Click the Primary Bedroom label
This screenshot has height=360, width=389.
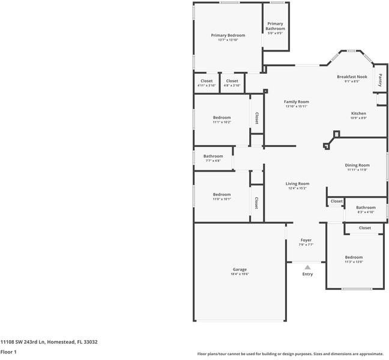tap(228, 36)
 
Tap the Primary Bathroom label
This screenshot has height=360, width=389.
tap(276, 26)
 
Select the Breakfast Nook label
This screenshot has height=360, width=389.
tap(352, 77)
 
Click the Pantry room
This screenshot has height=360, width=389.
tap(380, 79)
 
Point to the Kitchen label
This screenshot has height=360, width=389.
tap(358, 113)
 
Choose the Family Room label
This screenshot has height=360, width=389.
tap(296, 102)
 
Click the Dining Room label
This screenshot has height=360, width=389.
tap(357, 165)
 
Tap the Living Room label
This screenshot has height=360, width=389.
tap(297, 184)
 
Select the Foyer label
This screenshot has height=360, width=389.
tap(306, 240)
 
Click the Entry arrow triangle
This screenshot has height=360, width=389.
tap(307, 268)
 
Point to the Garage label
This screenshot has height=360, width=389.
tap(240, 269)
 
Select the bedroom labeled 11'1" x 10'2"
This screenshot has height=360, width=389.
tap(222, 118)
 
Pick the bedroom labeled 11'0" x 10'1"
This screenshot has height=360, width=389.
tap(222, 194)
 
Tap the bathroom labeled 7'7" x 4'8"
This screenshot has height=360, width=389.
tap(213, 157)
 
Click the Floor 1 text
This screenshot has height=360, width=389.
tap(8, 352)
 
